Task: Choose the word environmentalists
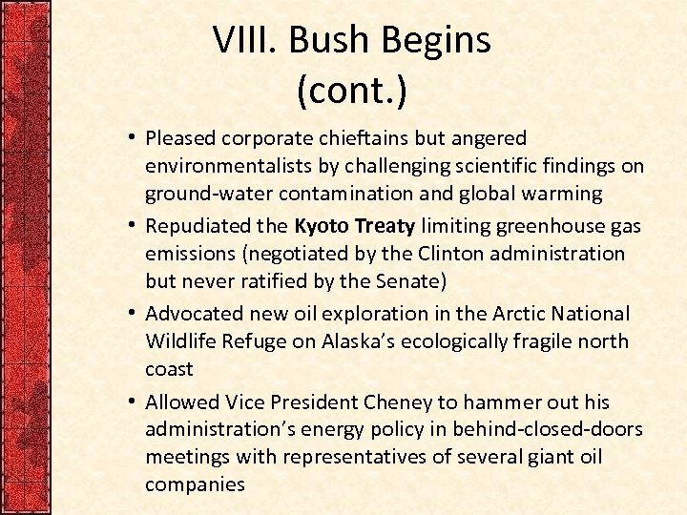point(229,167)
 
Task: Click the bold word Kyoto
point(323,226)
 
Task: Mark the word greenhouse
point(550,226)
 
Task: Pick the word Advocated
point(194,313)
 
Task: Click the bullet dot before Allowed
point(129,402)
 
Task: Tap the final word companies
point(195,484)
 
